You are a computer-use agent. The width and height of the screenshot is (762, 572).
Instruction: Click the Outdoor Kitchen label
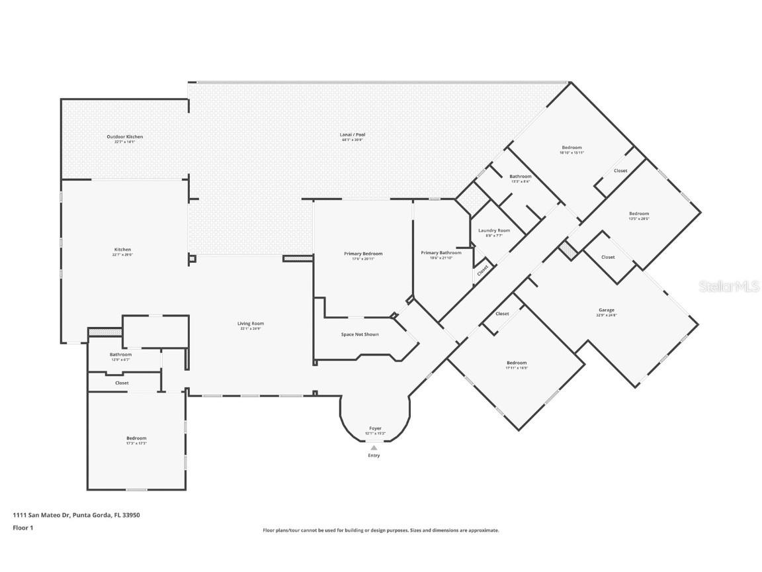pyautogui.click(x=124, y=137)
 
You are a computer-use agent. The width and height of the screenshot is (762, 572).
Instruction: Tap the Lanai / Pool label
pyautogui.click(x=353, y=135)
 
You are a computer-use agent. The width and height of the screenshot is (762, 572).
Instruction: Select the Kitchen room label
pyautogui.click(x=122, y=250)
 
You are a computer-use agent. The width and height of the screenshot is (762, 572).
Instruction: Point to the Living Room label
pyautogui.click(x=251, y=324)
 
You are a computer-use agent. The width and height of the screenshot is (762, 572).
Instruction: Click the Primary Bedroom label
pyautogui.click(x=363, y=254)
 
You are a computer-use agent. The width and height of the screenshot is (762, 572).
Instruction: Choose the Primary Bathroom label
pyautogui.click(x=441, y=253)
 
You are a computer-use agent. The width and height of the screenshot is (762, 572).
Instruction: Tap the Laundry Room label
pyautogui.click(x=494, y=230)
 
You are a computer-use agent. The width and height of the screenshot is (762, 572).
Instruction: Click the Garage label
pyautogui.click(x=607, y=310)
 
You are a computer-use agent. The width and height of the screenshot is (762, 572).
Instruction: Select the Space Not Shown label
pyautogui.click(x=360, y=334)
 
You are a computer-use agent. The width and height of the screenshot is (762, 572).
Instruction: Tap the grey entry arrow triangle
pyautogui.click(x=374, y=448)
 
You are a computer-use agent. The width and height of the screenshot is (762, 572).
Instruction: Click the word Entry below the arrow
pyautogui.click(x=374, y=455)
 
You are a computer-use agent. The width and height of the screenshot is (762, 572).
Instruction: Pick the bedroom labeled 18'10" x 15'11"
pyautogui.click(x=571, y=147)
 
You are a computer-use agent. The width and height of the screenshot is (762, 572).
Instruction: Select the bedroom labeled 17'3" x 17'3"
pyautogui.click(x=136, y=438)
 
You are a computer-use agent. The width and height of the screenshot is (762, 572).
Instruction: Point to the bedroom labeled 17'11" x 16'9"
pyautogui.click(x=517, y=363)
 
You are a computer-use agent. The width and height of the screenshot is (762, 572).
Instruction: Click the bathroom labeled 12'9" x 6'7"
pyautogui.click(x=120, y=355)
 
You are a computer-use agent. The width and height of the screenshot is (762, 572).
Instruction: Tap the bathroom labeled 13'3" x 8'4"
pyautogui.click(x=520, y=177)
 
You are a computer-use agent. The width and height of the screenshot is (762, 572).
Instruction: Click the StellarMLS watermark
pyautogui.click(x=730, y=287)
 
